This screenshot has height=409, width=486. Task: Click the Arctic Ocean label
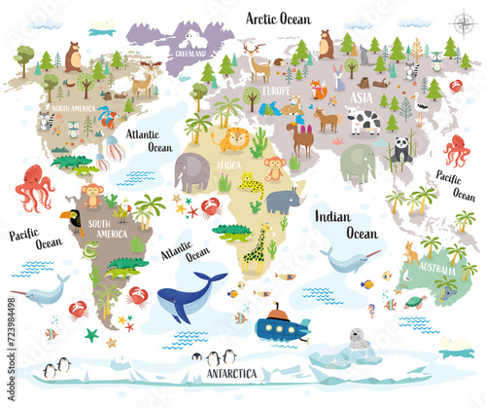(x=278, y=17)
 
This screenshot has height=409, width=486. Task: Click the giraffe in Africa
(x=256, y=244)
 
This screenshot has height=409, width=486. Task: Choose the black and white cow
(x=364, y=121)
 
